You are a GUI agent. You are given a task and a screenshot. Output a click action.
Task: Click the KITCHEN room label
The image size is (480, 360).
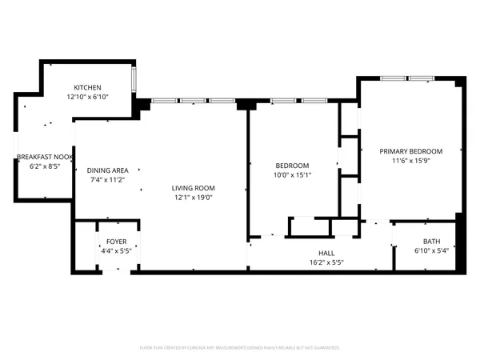click(x=88, y=87)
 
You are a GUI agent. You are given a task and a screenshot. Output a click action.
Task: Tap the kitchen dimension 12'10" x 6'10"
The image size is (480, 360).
click(x=88, y=96)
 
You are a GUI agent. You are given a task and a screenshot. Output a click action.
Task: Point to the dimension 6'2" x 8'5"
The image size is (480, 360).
click(x=45, y=166)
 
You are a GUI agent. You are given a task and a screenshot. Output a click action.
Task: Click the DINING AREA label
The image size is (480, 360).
click(x=108, y=170)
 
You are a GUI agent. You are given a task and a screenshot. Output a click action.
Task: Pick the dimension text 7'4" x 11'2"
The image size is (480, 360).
click(x=108, y=179)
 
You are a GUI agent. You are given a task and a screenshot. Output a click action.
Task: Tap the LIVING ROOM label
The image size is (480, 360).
click(x=194, y=188)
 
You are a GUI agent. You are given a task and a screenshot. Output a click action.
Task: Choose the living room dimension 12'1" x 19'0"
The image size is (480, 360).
click(x=194, y=197)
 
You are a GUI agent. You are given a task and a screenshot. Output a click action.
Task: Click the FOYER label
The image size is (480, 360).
click(x=117, y=242)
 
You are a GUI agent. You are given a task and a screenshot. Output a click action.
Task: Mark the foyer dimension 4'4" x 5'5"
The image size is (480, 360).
click(x=117, y=250)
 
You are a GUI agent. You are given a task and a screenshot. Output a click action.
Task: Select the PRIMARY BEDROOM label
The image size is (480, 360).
click(x=411, y=151)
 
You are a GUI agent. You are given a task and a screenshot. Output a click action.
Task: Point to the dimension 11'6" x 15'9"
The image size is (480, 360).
click(x=411, y=160)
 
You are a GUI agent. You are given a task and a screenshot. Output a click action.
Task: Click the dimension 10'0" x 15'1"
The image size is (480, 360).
click(x=292, y=174)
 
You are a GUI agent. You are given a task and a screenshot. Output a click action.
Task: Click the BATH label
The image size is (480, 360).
click(x=431, y=242)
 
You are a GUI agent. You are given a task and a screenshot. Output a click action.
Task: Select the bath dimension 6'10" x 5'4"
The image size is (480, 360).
click(x=431, y=250)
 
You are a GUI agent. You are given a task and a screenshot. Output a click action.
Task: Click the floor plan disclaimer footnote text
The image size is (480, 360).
click(x=240, y=348)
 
